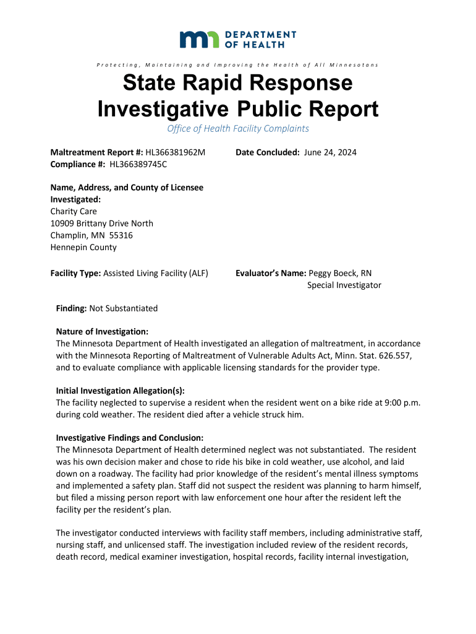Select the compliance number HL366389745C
pyautogui.click(x=138, y=164)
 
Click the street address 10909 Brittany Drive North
pyautogui.click(x=101, y=223)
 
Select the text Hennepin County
pyautogui.click(x=83, y=247)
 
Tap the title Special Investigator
pyautogui.click(x=344, y=285)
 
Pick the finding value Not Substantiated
pyautogui.click(x=124, y=308)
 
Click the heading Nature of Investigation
pyautogui.click(x=102, y=331)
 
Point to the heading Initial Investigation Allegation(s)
pyautogui.click(x=121, y=391)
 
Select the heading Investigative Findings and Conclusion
pyautogui.click(x=129, y=438)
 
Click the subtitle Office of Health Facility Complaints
pyautogui.click(x=238, y=129)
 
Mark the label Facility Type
pyautogui.click(x=75, y=273)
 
